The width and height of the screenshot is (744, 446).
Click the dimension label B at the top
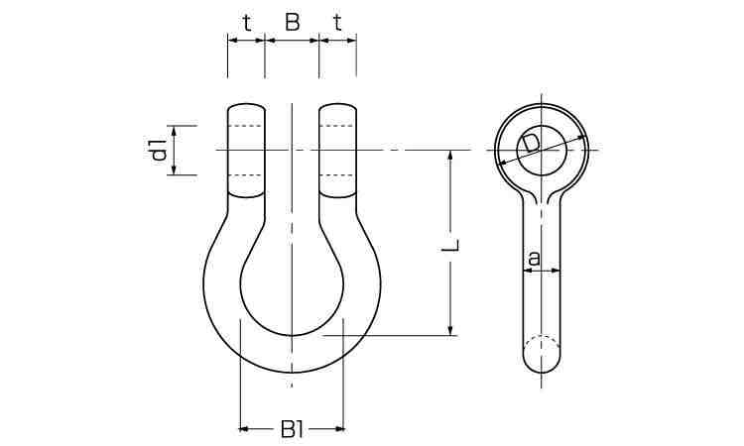click(292, 22)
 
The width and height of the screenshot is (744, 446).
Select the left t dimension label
click(247, 22)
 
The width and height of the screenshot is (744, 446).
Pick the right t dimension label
click(337, 22)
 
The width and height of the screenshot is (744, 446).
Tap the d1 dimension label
click(160, 150)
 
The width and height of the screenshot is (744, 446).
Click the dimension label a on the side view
click(535, 259)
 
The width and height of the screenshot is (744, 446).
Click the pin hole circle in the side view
click(542, 151)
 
